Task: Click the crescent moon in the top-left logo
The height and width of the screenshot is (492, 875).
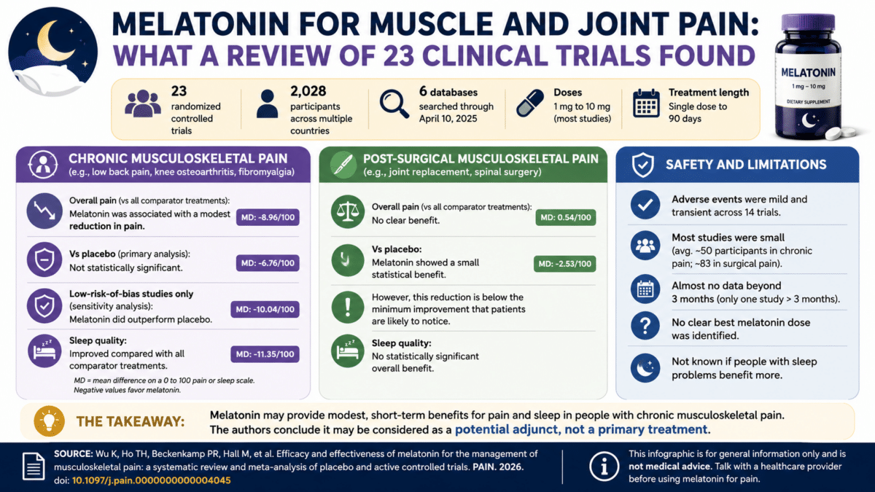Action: pyautogui.click(x=50, y=42)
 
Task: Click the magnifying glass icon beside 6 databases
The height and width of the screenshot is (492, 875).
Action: pyautogui.click(x=394, y=104)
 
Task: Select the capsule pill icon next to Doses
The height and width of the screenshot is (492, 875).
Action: pyautogui.click(x=529, y=103)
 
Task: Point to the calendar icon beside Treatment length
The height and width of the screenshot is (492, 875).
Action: pyautogui.click(x=646, y=103)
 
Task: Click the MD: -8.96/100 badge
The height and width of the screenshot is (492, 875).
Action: pyautogui.click(x=268, y=217)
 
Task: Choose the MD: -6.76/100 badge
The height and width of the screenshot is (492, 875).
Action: pyautogui.click(x=268, y=263)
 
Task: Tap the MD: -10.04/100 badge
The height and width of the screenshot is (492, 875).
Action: pyautogui.click(x=265, y=309)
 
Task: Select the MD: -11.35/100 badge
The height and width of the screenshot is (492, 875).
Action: pyautogui.click(x=265, y=354)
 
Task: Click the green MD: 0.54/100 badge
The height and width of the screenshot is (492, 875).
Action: pyautogui.click(x=566, y=217)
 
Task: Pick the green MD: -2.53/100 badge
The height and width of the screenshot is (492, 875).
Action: pyautogui.click(x=565, y=264)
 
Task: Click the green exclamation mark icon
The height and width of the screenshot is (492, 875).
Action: pyautogui.click(x=348, y=308)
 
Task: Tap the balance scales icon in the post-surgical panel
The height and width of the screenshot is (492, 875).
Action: pyautogui.click(x=348, y=211)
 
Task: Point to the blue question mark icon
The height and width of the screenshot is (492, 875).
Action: pyautogui.click(x=645, y=326)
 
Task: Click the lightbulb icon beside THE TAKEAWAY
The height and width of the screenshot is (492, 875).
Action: pyautogui.click(x=50, y=421)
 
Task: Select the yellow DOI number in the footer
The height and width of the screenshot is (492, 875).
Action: pyautogui.click(x=152, y=480)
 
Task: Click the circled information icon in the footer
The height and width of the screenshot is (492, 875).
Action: pyautogui.click(x=604, y=466)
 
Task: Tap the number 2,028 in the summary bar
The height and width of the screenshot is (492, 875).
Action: pyautogui.click(x=308, y=91)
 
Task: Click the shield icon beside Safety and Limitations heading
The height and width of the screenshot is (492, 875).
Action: pyautogui.click(x=643, y=165)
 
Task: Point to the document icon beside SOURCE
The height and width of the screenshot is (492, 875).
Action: pyautogui.click(x=34, y=466)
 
